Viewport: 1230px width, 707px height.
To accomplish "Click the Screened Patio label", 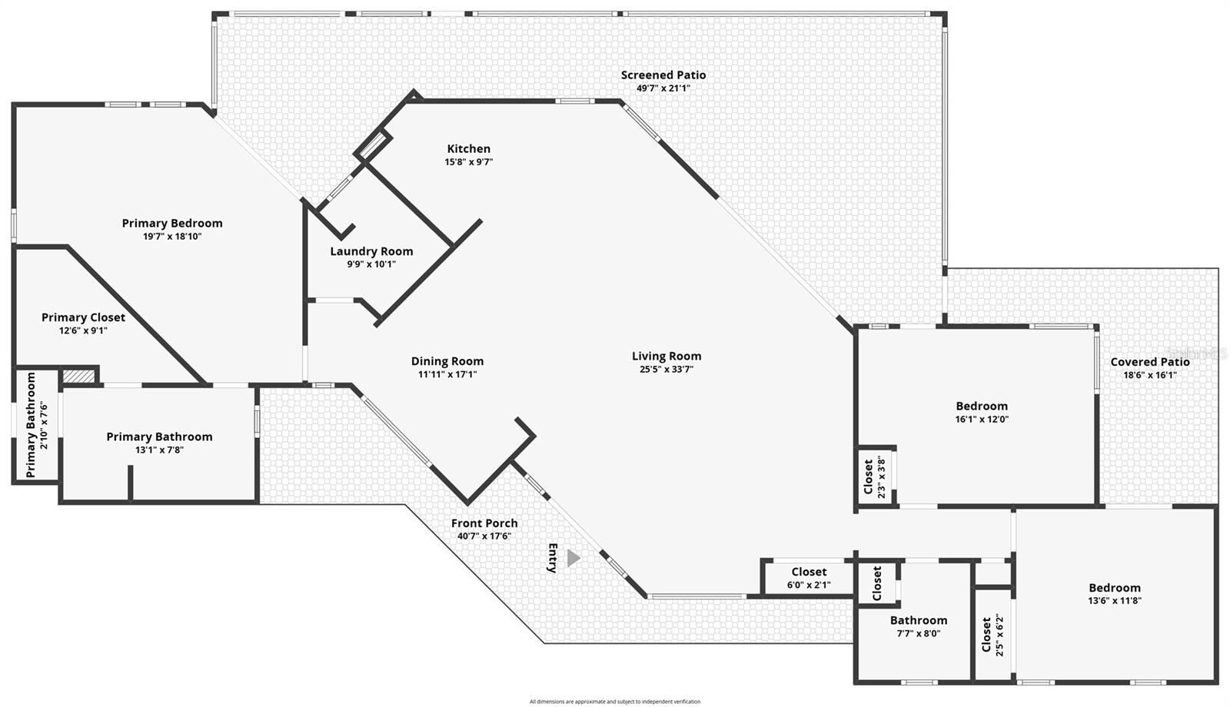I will [x=663, y=75].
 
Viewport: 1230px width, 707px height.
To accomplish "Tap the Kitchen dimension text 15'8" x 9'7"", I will [x=468, y=162].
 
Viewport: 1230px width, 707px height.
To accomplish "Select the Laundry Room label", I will [x=371, y=251].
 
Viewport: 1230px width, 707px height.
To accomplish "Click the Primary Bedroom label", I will [x=172, y=224].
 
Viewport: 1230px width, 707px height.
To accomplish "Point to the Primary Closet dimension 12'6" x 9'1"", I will [x=83, y=330].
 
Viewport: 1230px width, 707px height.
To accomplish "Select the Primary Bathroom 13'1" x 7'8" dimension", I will [x=159, y=450].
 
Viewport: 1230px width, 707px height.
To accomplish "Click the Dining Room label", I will [x=447, y=361].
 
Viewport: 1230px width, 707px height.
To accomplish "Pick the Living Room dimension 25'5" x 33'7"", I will [x=666, y=369].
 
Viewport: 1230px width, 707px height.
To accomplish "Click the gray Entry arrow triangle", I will [x=573, y=559].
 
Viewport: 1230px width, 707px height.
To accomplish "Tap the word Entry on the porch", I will [x=552, y=558].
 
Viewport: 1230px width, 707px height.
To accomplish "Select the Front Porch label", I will [x=484, y=523].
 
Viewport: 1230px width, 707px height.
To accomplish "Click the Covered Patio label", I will [x=1149, y=362].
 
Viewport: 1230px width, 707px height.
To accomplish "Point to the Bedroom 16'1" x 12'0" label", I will [x=982, y=407].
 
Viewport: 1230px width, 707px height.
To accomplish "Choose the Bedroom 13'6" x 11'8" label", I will [x=1114, y=588].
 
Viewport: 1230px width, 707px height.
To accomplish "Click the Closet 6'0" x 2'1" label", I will [x=809, y=572].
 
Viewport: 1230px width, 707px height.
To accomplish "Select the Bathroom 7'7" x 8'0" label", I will [x=919, y=620].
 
